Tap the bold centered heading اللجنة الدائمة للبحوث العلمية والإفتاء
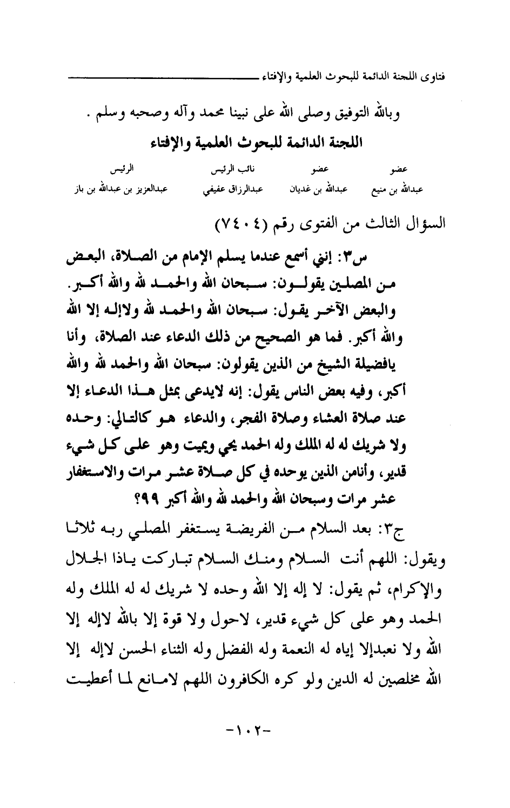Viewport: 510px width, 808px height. (x=254, y=143)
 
